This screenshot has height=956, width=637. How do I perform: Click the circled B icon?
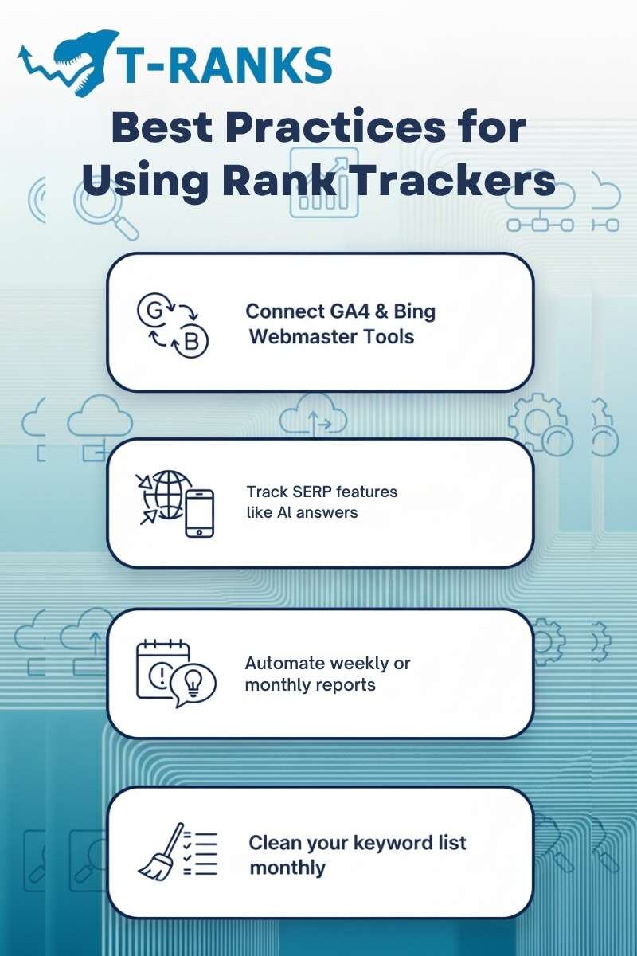pyautogui.click(x=192, y=343)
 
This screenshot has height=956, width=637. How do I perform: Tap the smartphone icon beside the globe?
pyautogui.click(x=199, y=513)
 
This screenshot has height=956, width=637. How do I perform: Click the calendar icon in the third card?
pyautogui.click(x=162, y=668)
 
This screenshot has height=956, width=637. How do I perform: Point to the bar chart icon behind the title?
pyautogui.click(x=323, y=183)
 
